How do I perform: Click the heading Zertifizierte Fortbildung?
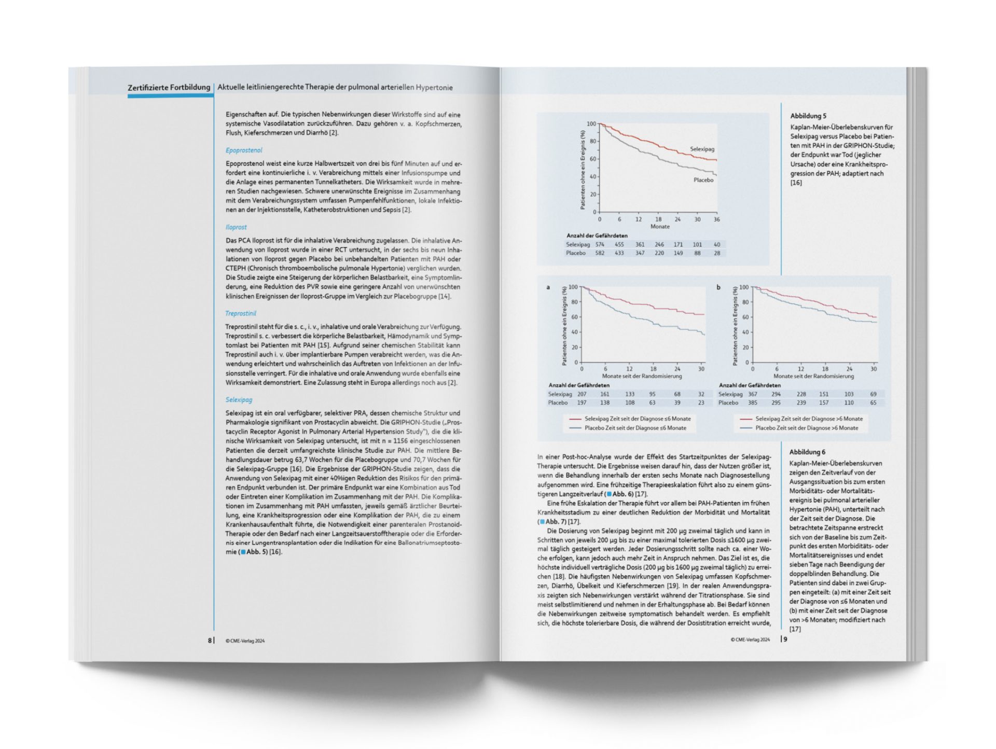coord(169,87)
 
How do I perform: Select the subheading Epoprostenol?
coord(244,150)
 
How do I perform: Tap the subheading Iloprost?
coord(236,227)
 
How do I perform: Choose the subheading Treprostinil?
coord(241,313)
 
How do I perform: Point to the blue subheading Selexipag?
coord(239,400)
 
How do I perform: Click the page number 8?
coord(210,641)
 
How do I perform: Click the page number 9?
coord(785,640)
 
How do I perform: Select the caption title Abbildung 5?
coord(808,116)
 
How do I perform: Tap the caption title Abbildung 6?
coord(807,452)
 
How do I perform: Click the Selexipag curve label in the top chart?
coord(702,149)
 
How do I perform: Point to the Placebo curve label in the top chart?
coord(703,180)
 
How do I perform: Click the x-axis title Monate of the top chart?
coord(660,227)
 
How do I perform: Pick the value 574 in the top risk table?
coord(600,244)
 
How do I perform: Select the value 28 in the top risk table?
coord(717,253)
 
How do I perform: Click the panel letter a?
coord(548,287)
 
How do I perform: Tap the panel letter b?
coord(718,287)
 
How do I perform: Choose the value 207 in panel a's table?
coord(582,394)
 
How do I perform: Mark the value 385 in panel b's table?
coord(752,403)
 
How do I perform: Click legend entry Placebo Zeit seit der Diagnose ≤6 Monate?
coord(635,428)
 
